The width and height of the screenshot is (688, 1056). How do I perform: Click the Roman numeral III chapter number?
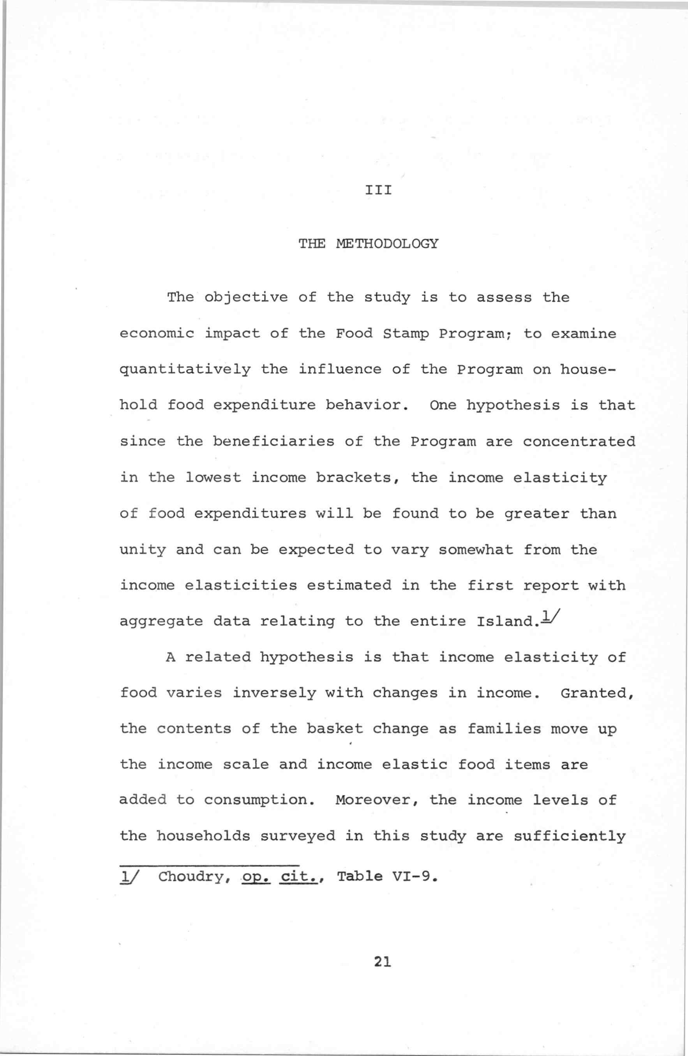click(378, 191)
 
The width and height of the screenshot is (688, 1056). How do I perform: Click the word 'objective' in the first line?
click(245, 297)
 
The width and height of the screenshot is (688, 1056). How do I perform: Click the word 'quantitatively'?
click(185, 370)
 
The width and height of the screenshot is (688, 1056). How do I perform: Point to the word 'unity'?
click(143, 550)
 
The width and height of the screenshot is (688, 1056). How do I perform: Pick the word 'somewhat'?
click(476, 550)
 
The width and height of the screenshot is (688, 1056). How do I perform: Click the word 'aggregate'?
click(161, 622)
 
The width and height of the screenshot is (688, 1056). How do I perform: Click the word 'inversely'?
click(274, 693)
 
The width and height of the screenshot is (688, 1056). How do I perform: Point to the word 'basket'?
click(335, 729)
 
